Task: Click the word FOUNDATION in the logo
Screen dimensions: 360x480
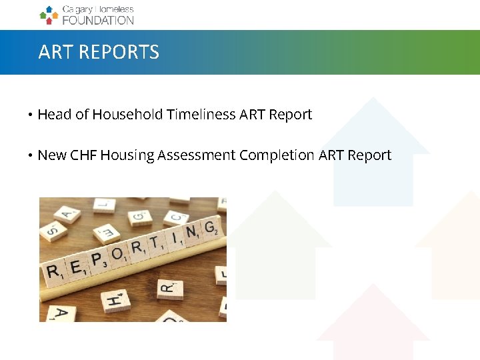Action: tap(98, 20)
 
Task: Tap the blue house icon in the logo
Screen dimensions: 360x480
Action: tap(49, 9)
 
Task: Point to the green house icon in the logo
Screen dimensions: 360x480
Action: tap(43, 14)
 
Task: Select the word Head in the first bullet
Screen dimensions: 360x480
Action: tap(55, 115)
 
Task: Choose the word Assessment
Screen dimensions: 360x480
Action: tap(199, 155)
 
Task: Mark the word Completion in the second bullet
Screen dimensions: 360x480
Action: tap(277, 155)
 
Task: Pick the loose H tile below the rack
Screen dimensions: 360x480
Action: tap(114, 301)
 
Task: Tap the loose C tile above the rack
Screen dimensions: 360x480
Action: tap(175, 217)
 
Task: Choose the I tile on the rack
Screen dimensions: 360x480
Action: tap(175, 239)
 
